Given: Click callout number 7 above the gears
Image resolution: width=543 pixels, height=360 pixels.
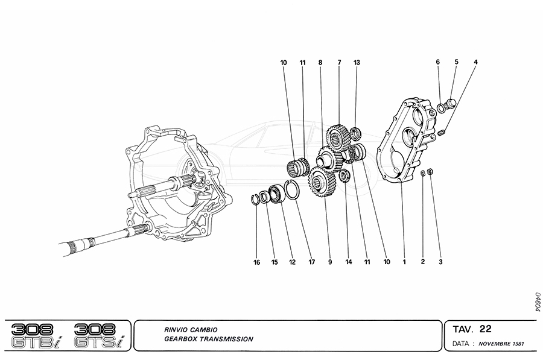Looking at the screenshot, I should (x=340, y=62).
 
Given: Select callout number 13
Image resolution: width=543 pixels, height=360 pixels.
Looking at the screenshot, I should (x=357, y=62).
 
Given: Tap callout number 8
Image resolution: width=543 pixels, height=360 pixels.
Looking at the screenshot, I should (x=320, y=62).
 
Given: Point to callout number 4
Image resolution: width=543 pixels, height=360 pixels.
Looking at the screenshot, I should (x=475, y=62).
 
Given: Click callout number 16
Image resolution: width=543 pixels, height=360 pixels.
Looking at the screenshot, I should (x=256, y=262).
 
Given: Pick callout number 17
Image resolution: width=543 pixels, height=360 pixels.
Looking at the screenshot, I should (x=312, y=262).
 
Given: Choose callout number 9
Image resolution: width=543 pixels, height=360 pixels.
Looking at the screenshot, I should (x=330, y=262).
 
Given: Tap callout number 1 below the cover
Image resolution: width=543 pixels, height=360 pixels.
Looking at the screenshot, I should (x=404, y=262).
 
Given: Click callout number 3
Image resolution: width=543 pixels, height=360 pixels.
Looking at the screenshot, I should (x=440, y=262).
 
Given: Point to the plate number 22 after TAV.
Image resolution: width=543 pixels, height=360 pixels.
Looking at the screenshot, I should (x=485, y=329).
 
